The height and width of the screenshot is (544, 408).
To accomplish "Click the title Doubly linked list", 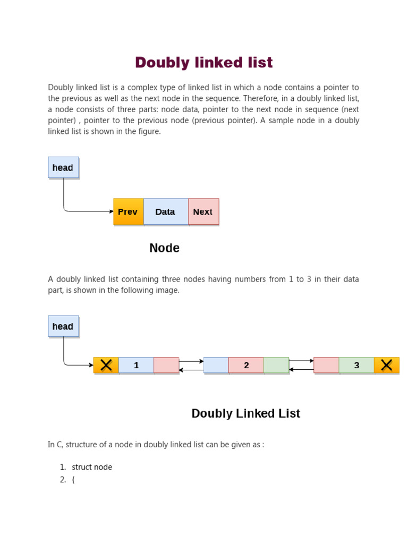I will pyautogui.click(x=204, y=63).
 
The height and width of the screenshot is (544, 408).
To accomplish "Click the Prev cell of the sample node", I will pyautogui.click(x=128, y=211).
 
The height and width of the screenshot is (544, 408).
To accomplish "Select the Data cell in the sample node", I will pyautogui.click(x=165, y=211).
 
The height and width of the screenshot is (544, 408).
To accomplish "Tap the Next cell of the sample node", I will pyautogui.click(x=203, y=211).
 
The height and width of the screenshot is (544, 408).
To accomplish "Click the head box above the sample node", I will pyautogui.click(x=63, y=167).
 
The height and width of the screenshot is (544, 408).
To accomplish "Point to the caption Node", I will pyautogui.click(x=164, y=248).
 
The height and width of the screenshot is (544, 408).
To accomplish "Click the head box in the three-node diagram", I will pyautogui.click(x=63, y=326).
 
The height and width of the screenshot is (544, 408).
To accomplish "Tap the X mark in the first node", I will pyautogui.click(x=106, y=365).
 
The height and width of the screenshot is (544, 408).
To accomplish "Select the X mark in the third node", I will pyautogui.click(x=386, y=365).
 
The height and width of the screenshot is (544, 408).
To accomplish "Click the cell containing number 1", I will pyautogui.click(x=137, y=365).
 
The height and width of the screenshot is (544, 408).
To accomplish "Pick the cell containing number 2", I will pyautogui.click(x=246, y=365).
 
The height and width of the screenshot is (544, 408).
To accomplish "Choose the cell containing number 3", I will pyautogui.click(x=356, y=365).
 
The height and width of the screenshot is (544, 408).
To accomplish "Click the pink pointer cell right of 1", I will pyautogui.click(x=166, y=365).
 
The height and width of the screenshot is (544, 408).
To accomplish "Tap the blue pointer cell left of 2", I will pyautogui.click(x=216, y=365).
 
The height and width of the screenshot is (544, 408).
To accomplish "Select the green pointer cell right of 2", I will pyautogui.click(x=276, y=365).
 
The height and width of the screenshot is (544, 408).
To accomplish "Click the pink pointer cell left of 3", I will pyautogui.click(x=326, y=365).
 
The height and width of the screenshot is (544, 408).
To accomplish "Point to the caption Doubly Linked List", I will pyautogui.click(x=245, y=413).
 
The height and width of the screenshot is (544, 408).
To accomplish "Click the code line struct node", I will pyautogui.click(x=92, y=467).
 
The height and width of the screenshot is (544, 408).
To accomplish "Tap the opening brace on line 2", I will pyautogui.click(x=73, y=480).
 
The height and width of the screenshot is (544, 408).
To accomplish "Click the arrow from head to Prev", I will pyautogui.click(x=88, y=211).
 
